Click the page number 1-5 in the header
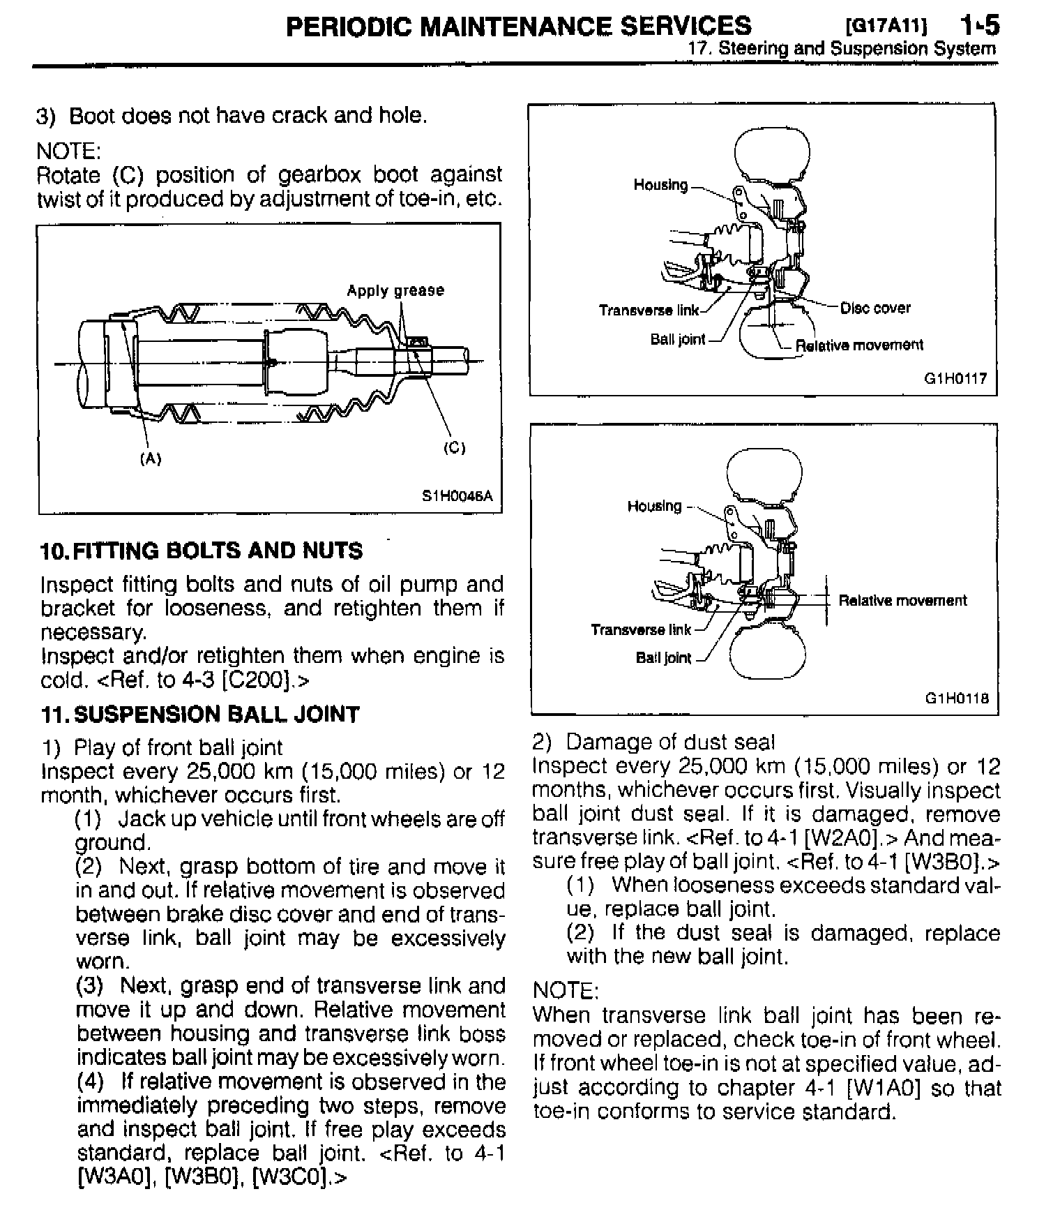coord(979,26)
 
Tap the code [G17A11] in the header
coord(886,27)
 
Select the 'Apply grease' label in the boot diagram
coord(395,290)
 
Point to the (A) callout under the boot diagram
coord(151,458)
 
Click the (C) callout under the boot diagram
coord(454,448)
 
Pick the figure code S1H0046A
coord(457,496)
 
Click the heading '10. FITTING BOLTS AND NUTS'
coord(202,551)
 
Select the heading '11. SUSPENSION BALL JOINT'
coord(200,715)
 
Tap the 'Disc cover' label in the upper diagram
coord(875,308)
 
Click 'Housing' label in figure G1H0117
coord(660,185)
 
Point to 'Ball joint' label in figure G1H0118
coord(663,658)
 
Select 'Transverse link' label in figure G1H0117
coord(649,310)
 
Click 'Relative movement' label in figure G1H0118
coord(902,601)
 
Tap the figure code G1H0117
coord(955,379)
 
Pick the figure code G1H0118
coord(957,698)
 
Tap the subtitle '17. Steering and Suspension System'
coord(842,49)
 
